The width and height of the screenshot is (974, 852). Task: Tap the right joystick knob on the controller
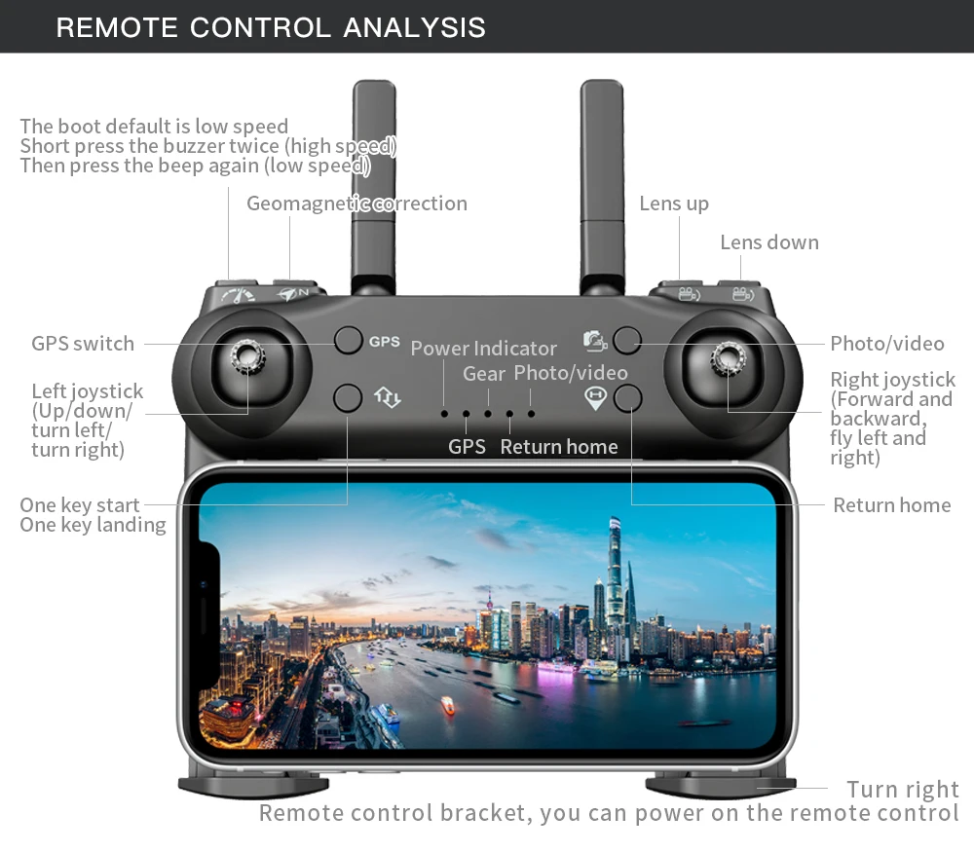[729, 357]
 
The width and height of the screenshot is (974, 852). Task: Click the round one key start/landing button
[348, 397]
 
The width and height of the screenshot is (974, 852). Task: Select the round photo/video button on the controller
[626, 340]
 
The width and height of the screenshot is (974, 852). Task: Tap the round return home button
[627, 398]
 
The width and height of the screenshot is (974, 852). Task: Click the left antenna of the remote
[374, 186]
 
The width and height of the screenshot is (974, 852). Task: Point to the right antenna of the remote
[602, 186]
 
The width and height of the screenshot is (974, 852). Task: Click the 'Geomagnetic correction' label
[356, 204]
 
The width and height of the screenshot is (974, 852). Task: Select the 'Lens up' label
[674, 204]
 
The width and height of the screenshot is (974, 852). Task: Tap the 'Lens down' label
[769, 242]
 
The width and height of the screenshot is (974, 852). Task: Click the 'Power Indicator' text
[484, 349]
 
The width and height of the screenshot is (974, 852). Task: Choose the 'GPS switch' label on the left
[83, 344]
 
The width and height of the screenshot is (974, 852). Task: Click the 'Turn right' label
[903, 790]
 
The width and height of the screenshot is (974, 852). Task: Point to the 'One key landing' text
[93, 526]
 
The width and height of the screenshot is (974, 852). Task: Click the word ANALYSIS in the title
[414, 28]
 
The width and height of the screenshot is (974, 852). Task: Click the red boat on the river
[447, 705]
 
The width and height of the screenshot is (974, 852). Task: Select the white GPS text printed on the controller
[385, 342]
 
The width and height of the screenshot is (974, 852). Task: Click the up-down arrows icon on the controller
[387, 397]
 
